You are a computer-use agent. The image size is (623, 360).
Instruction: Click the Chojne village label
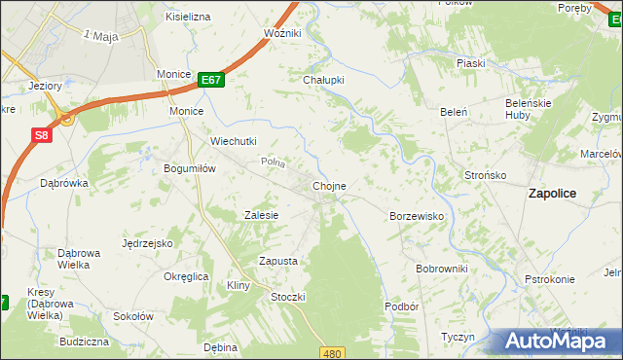[329, 185]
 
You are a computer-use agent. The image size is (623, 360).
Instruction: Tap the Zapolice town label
[552, 193]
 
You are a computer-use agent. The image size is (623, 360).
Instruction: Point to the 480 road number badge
[334, 353]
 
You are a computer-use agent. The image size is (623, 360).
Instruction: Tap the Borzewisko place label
[417, 216]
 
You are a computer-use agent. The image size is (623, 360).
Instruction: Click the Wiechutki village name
[234, 141]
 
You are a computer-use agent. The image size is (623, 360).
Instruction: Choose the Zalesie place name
[262, 215]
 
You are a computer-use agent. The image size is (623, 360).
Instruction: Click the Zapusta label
[277, 261]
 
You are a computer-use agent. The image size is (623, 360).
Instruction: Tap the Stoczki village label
[289, 297]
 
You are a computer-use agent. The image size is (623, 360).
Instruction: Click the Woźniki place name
[282, 33]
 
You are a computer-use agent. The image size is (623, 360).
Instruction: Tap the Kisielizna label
[188, 18]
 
